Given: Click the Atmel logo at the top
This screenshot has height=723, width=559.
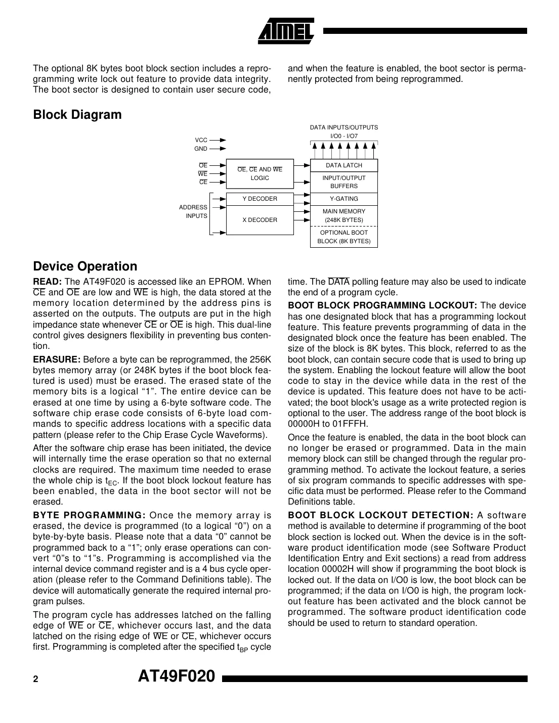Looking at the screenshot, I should [x=286, y=31].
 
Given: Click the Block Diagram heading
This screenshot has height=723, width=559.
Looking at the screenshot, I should [x=77, y=115].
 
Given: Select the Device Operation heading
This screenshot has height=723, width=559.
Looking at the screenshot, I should [x=85, y=266].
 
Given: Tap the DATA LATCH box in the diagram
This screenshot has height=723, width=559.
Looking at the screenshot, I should [x=343, y=165].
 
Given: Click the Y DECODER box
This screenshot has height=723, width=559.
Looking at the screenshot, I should [x=260, y=199].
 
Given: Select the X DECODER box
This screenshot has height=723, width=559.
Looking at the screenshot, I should [x=260, y=220].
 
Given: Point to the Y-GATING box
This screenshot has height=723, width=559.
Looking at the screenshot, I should [x=343, y=199].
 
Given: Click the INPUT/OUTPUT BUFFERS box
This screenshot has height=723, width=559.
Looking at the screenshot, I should [x=343, y=182].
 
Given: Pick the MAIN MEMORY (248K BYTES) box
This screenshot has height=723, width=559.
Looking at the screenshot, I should [x=343, y=215].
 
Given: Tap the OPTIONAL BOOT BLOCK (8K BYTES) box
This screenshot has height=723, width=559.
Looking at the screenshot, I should [x=343, y=237].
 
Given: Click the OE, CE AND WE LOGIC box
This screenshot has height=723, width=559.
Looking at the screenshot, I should [x=260, y=173].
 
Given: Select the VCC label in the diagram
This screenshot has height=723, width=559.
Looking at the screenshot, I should [x=201, y=140].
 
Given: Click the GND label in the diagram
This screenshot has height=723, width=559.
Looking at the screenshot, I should [x=201, y=149].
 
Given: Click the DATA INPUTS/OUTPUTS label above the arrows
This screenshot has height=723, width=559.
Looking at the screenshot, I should [x=343, y=127].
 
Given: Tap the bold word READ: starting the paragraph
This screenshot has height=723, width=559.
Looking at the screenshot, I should [x=48, y=282].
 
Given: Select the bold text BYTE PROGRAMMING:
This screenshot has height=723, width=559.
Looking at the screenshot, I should [x=89, y=515].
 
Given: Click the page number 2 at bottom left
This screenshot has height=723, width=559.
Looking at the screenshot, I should [x=35, y=680].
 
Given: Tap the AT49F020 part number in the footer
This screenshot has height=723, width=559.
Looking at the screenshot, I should [x=177, y=676].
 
